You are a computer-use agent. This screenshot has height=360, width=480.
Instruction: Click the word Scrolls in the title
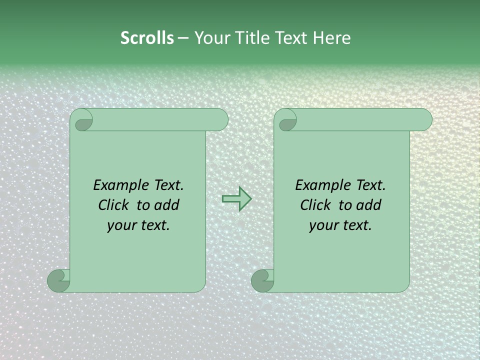pos(147,38)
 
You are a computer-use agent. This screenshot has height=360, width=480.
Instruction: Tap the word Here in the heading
pos(332,38)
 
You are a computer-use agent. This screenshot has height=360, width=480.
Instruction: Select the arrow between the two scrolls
pos(236,199)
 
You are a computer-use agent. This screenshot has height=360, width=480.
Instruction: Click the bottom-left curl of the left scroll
pos(59,280)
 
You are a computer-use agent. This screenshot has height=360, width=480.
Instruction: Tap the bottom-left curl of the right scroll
pos(263,280)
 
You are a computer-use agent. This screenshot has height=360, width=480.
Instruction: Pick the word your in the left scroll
pos(121,226)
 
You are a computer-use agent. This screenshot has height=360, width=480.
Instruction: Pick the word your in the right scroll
pos(323,226)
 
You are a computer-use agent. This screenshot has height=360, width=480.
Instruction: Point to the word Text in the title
pos(292,38)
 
